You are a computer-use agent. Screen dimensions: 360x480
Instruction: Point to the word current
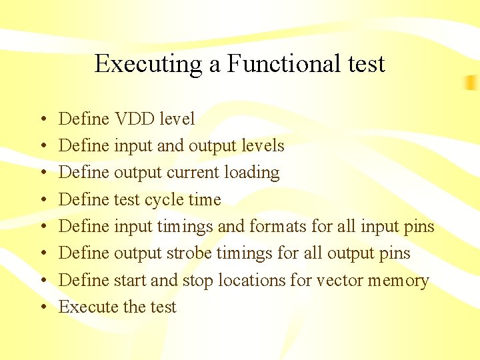193,173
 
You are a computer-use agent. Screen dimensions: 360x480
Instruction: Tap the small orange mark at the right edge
472,82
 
